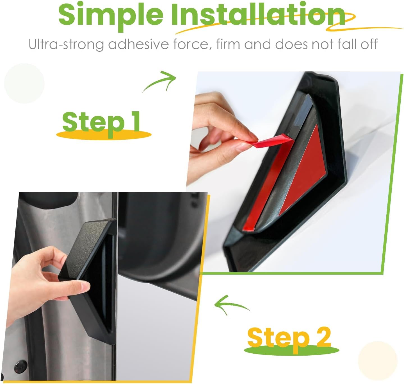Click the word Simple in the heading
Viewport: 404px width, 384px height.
[x=111, y=16]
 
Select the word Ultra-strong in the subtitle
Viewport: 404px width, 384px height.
[x=66, y=44]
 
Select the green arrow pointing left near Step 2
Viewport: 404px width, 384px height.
[x=230, y=304]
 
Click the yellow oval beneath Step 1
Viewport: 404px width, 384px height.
[x=104, y=135]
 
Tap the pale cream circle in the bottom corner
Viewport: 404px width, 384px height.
[x=378, y=361]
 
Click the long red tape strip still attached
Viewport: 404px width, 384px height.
[x=267, y=184]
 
